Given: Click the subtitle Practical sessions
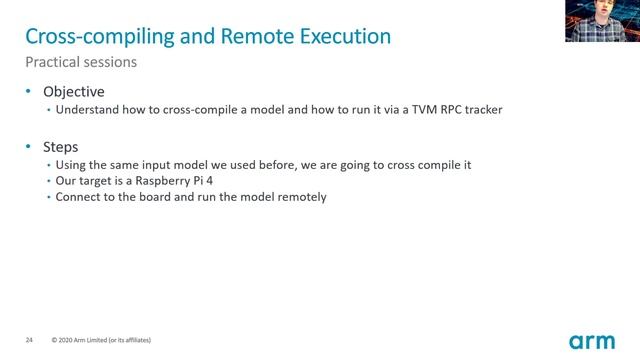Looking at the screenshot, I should click(81, 62).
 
